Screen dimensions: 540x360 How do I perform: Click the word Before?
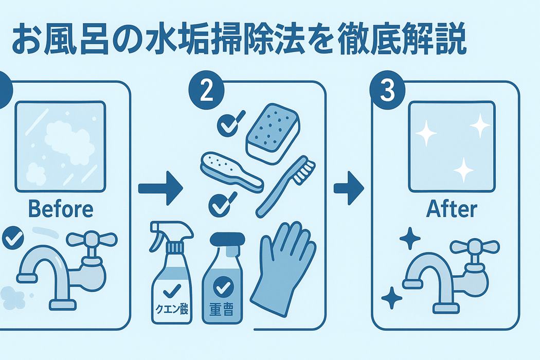pyautogui.click(x=61, y=209)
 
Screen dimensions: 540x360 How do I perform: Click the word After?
pyautogui.click(x=452, y=209)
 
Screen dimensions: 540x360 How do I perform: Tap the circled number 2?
pyautogui.click(x=207, y=91)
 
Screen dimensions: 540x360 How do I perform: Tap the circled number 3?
pyautogui.click(x=387, y=91)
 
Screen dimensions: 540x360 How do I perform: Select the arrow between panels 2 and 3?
pyautogui.click(x=349, y=188)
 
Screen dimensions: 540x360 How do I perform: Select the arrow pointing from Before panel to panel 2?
pyautogui.click(x=160, y=188)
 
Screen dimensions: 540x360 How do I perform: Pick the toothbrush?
pyautogui.click(x=285, y=187)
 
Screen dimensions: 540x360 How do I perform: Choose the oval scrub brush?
pyautogui.click(x=231, y=171)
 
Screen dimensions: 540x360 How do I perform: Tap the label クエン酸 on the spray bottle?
pyautogui.click(x=172, y=309)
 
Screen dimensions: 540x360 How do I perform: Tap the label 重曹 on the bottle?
pyautogui.click(x=222, y=309)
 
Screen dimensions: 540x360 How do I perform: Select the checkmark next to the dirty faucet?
pyautogui.click(x=13, y=238)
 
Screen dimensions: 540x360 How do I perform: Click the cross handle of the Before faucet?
pyautogui.click(x=92, y=239)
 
